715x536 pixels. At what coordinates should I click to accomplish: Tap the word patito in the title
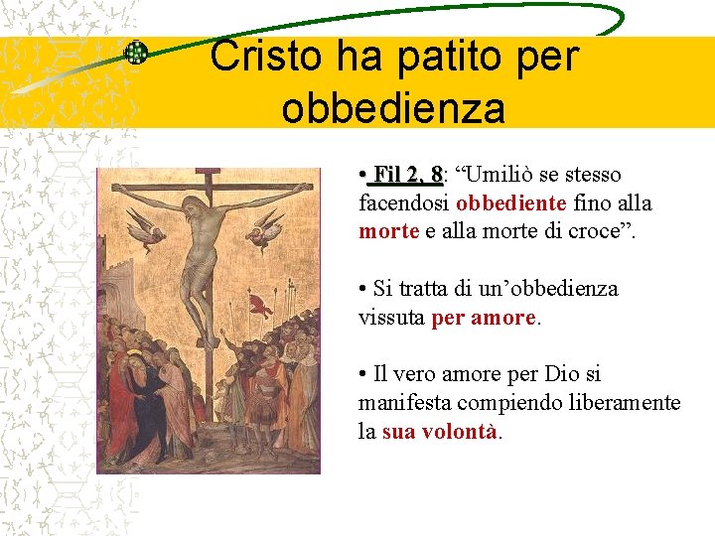[x=443, y=57]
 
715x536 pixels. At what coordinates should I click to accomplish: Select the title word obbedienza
[x=393, y=107]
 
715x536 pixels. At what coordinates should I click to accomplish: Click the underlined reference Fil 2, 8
[x=404, y=176]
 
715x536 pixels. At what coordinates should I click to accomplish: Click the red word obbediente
[x=511, y=203]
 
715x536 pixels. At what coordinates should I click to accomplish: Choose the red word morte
[x=388, y=231]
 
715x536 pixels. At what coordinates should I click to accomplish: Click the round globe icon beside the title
[x=135, y=54]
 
